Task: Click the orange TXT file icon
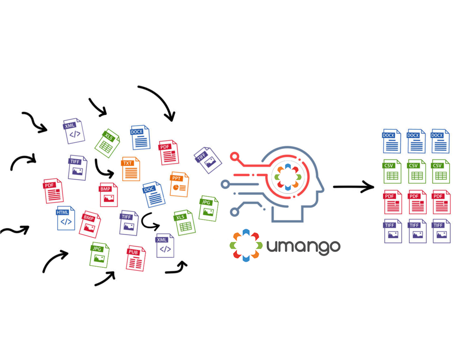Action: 131,169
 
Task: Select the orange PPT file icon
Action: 179,184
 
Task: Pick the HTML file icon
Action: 66,218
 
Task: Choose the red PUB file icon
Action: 135,258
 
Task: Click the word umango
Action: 303,246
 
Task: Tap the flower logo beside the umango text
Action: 246,245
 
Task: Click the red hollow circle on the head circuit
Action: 235,156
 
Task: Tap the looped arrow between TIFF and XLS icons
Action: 150,222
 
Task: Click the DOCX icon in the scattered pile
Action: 140,137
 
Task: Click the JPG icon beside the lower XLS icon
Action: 208,208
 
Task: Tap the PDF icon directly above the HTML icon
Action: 53,191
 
